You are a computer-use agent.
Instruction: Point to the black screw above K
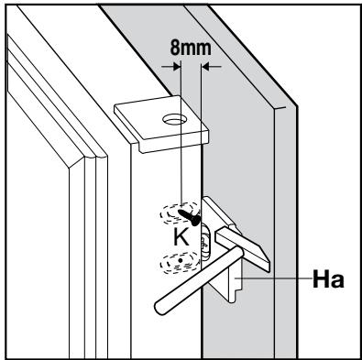tap(191, 216)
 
